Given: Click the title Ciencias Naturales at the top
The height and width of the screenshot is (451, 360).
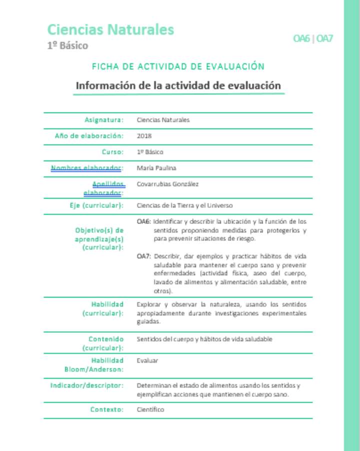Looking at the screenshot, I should (110, 30).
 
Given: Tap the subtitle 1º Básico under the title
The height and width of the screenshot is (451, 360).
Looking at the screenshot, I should (67, 46).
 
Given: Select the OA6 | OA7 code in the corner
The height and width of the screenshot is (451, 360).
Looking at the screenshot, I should (313, 38).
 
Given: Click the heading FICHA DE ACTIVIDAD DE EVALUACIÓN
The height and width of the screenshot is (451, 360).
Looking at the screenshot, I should (178, 66).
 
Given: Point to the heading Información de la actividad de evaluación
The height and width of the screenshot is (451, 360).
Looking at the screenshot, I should (178, 85).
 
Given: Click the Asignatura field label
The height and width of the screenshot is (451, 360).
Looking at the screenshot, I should (103, 120).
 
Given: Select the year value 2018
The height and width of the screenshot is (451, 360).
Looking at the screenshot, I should (144, 136).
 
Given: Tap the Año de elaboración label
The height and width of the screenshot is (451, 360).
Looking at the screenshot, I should (89, 136).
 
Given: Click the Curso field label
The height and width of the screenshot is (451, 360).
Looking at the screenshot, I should (112, 152).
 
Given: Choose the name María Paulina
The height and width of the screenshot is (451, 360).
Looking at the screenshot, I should (156, 168).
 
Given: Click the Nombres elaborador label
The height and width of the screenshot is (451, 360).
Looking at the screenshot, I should (86, 168).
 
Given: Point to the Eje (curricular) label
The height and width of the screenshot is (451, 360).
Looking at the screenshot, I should (96, 205).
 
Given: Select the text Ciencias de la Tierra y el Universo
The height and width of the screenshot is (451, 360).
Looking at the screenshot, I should (184, 205).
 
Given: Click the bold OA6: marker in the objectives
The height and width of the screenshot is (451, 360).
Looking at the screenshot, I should (143, 221).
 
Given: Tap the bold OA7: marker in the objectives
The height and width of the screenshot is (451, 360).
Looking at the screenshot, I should (143, 256).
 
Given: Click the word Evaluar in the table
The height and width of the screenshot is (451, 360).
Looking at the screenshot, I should (147, 360).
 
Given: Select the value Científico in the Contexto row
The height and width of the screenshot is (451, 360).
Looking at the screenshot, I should (150, 409).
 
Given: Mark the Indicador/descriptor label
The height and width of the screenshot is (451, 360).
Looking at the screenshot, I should (86, 386).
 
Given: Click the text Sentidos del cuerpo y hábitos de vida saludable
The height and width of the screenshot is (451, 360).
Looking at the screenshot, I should (204, 339).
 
